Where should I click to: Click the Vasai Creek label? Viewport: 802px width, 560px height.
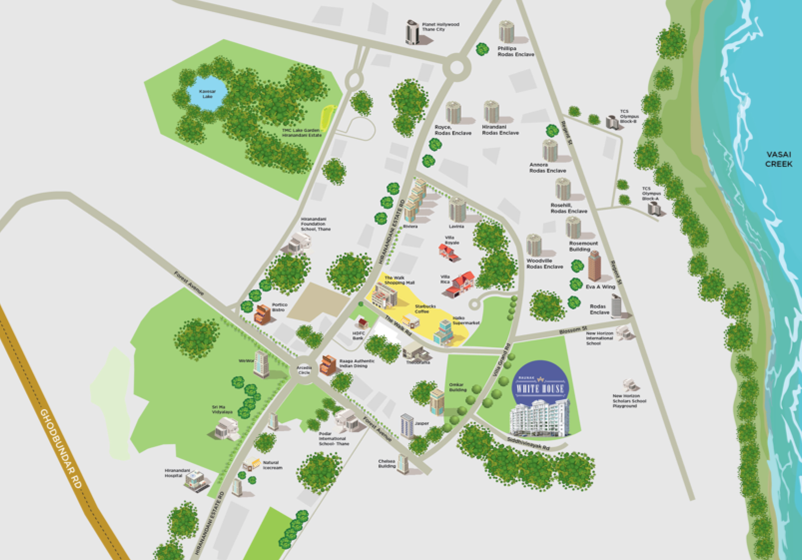(x=778, y=159)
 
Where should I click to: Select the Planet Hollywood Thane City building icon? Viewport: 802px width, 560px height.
(x=412, y=33)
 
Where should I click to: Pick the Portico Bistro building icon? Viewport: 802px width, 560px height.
(x=262, y=313)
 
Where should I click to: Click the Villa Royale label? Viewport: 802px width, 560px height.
(x=451, y=242)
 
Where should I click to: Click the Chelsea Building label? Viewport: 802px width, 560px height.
(x=388, y=463)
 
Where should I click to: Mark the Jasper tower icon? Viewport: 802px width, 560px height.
(x=407, y=424)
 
